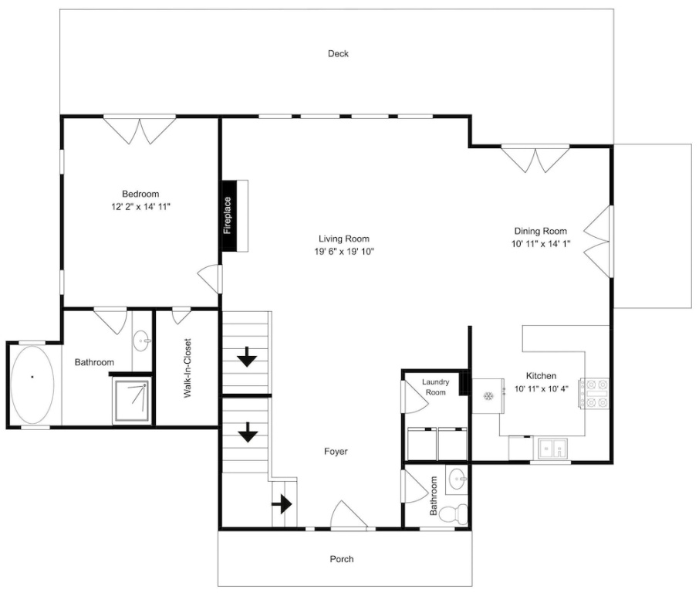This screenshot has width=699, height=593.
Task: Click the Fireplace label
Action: coord(228,215)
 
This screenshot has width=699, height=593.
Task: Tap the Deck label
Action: coord(338,53)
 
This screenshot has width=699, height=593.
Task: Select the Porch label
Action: coord(342,559)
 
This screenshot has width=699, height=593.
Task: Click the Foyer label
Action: coord(336,452)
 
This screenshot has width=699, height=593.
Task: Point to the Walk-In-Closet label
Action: coord(187,368)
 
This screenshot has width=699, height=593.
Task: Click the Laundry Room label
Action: coord(436,388)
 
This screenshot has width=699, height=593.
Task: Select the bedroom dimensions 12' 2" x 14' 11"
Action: coord(141,207)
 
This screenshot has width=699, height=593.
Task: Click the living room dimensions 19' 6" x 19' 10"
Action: coord(344,252)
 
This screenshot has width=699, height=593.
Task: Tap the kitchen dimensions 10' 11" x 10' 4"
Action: coord(542,388)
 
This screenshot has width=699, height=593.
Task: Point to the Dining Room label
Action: coord(541,231)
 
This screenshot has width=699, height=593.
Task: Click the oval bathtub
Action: coord(32,385)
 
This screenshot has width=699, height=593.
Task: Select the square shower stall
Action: coord(131,400)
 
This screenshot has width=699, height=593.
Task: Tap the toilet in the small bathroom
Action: coord(453,514)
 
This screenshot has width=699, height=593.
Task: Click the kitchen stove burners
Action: coord(593,394)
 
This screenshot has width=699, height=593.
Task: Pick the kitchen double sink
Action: coord(553,449)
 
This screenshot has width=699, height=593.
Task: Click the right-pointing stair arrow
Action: coord(282,505)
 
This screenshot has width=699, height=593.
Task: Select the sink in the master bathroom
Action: coord(142,341)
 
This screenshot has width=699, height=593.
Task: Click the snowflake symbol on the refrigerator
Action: coord(488,396)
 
